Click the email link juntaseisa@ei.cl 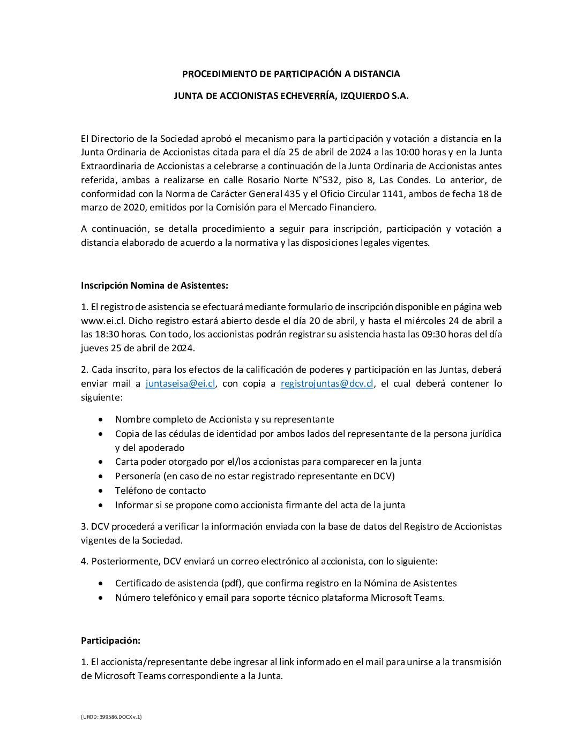(x=181, y=383)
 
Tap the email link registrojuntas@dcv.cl (x=327, y=383)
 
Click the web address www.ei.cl (x=102, y=321)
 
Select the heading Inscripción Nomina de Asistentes (x=154, y=285)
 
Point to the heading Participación (x=110, y=640)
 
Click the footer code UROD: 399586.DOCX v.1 (x=111, y=716)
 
